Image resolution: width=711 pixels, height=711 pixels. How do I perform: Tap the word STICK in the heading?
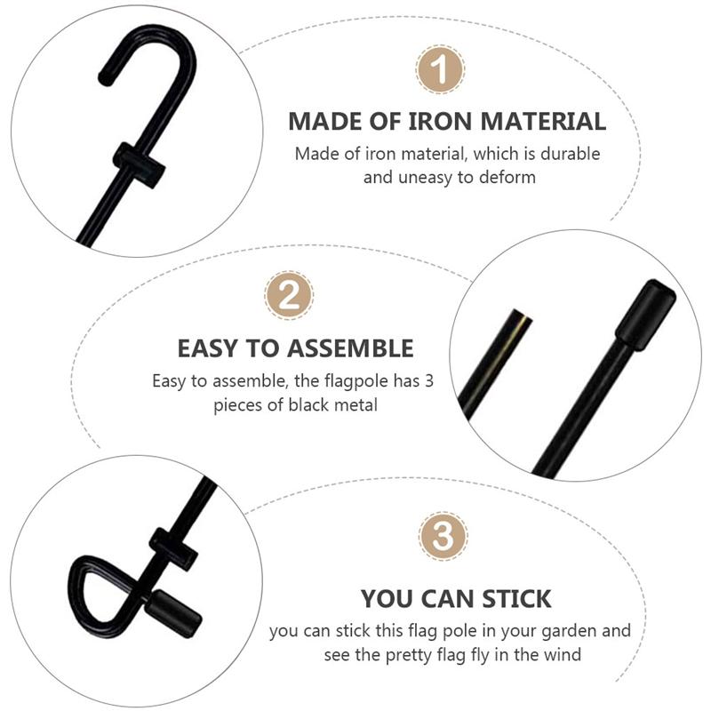pyautogui.click(x=510, y=597)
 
